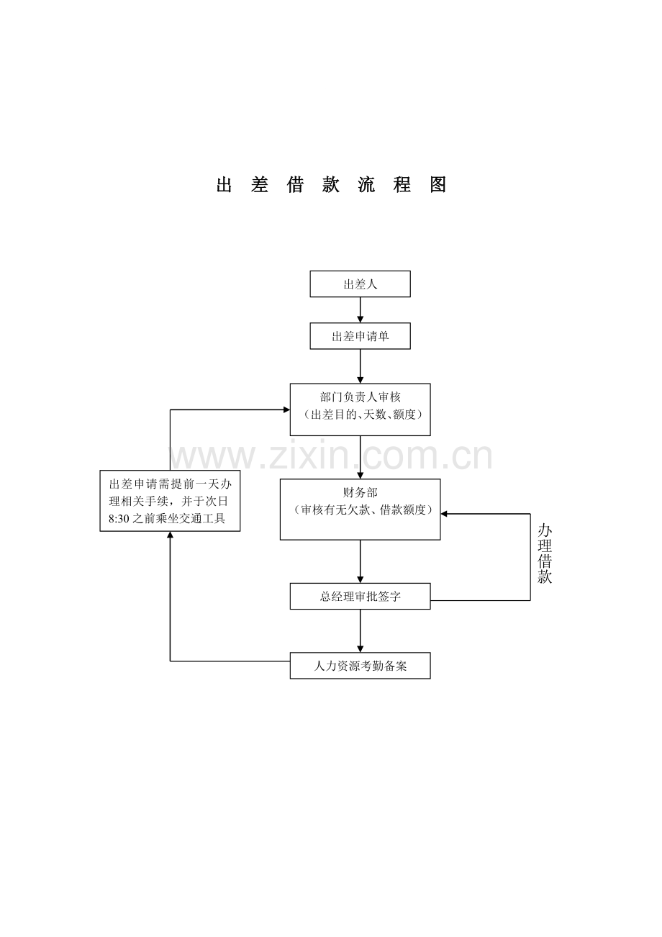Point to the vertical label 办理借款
[x=545, y=553]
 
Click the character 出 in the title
[x=225, y=184]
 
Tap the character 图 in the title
[x=437, y=184]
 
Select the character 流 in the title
[x=366, y=184]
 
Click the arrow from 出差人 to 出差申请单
[x=360, y=310]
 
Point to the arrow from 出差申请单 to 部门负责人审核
[x=360, y=366]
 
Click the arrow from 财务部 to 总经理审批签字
[x=360, y=561]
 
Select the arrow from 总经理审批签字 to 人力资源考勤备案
[x=360, y=631]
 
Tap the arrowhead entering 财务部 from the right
[x=444, y=514]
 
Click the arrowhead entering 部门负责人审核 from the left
[x=286, y=409]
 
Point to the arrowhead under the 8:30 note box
[x=170, y=535]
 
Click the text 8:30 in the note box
[x=119, y=519]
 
